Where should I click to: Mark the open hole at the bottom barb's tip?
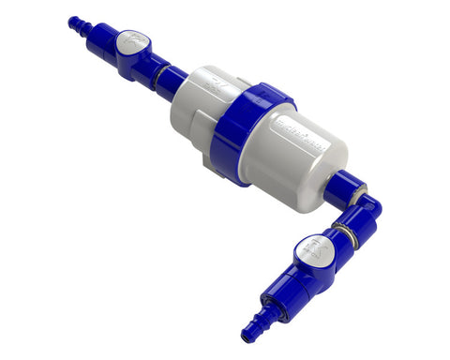247,335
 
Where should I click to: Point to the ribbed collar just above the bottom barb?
269,310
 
